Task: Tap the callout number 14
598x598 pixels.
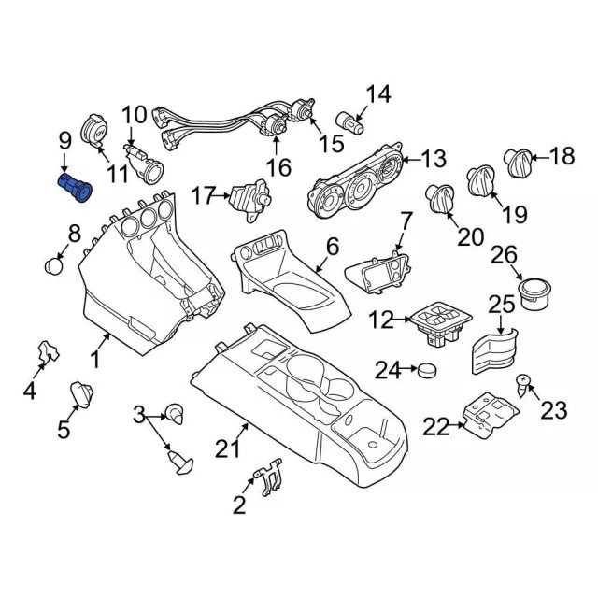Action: tap(378, 93)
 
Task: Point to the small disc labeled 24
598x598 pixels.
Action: tap(429, 370)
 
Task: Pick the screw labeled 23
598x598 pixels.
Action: tap(524, 381)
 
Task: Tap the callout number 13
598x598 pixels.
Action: tap(434, 159)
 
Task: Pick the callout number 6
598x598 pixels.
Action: tap(332, 248)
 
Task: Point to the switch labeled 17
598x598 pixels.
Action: tap(248, 196)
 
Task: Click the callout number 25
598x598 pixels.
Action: tap(502, 304)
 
